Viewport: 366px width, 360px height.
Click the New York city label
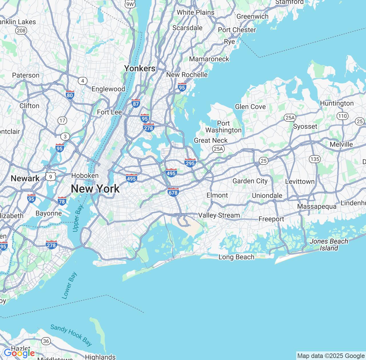click(95, 189)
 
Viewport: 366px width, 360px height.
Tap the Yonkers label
click(140, 69)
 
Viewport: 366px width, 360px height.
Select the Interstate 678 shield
click(173, 192)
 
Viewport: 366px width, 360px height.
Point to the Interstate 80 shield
click(70, 95)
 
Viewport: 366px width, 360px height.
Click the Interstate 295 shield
click(190, 163)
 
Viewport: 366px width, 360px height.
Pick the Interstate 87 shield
click(136, 103)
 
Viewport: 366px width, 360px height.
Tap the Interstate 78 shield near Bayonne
click(62, 201)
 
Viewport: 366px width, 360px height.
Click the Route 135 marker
click(315, 159)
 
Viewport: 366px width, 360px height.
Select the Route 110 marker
click(342, 116)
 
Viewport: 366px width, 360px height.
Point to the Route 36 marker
click(46, 341)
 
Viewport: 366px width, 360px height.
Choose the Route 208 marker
click(21, 31)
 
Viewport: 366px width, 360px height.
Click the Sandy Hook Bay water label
click(71, 335)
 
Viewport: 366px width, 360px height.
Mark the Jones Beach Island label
click(329, 245)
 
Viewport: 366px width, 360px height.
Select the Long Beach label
click(236, 257)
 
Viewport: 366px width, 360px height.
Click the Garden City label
click(250, 181)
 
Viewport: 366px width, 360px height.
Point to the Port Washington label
click(223, 127)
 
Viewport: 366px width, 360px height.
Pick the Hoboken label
click(85, 175)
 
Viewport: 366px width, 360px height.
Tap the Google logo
click(19, 353)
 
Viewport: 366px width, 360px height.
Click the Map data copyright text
click(331, 356)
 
